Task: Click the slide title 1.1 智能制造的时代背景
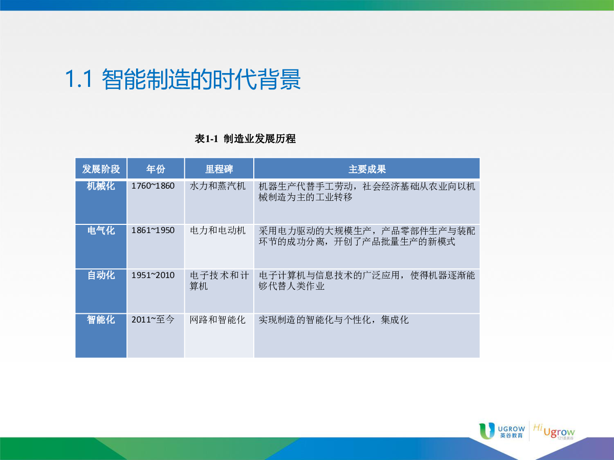click(x=183, y=79)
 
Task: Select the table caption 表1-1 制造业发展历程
click(x=245, y=139)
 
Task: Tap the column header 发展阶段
click(x=101, y=169)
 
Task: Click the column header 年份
click(x=156, y=169)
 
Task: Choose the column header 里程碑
click(x=219, y=169)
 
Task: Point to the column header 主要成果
click(x=367, y=169)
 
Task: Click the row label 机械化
click(x=101, y=186)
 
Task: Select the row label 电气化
click(x=101, y=231)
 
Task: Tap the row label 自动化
click(x=101, y=275)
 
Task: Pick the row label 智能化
click(x=101, y=320)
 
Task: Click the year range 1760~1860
click(x=153, y=186)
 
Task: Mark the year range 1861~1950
click(x=153, y=231)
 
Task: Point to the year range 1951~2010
click(x=153, y=275)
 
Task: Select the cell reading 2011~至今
click(x=153, y=320)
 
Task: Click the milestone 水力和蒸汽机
click(x=217, y=186)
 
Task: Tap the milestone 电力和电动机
click(x=217, y=231)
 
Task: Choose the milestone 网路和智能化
click(x=217, y=320)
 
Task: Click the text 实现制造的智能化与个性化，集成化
click(x=334, y=320)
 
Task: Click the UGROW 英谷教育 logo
click(x=502, y=431)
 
